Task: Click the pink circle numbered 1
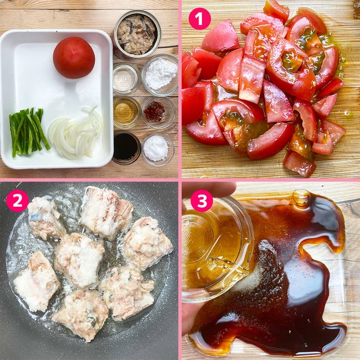click(x=200, y=19)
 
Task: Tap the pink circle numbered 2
click(x=17, y=201)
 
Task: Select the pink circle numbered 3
click(x=202, y=201)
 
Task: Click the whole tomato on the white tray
click(x=74, y=57)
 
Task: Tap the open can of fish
click(x=137, y=34)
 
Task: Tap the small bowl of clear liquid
click(x=125, y=78)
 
